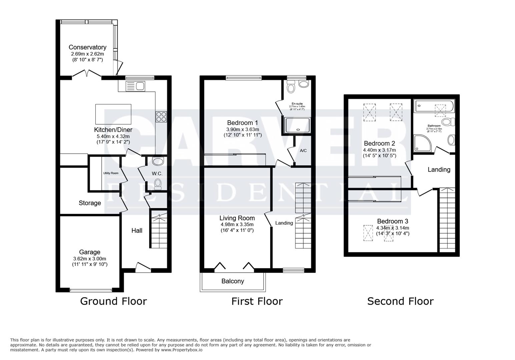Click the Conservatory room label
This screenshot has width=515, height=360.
[x=87, y=47]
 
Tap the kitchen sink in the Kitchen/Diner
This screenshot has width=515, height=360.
[x=135, y=86]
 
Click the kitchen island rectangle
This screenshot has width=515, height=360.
[x=113, y=114]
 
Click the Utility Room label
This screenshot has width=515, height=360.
[x=110, y=173]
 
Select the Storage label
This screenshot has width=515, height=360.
[x=90, y=203]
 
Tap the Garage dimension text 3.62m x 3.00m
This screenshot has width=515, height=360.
[x=90, y=259]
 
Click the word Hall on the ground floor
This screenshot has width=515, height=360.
[x=137, y=231]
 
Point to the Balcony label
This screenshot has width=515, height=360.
[x=232, y=281]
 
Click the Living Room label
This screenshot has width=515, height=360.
[x=237, y=218]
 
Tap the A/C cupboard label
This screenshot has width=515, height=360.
[x=303, y=151]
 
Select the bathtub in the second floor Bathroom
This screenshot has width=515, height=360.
[x=434, y=107]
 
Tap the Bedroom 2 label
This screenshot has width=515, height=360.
[x=379, y=144]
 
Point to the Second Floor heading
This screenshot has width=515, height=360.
[x=400, y=301]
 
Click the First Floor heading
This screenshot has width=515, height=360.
[x=257, y=301]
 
